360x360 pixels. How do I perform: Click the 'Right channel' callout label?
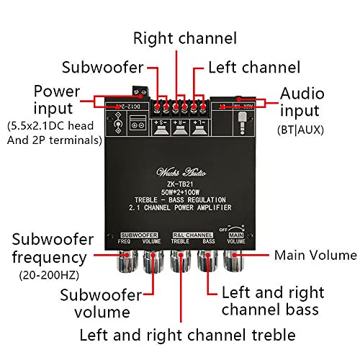[x=184, y=37]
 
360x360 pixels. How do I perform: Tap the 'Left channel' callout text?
[x=253, y=68]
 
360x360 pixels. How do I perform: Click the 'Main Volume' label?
[x=315, y=256]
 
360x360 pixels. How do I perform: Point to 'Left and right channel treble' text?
[x=187, y=335]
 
